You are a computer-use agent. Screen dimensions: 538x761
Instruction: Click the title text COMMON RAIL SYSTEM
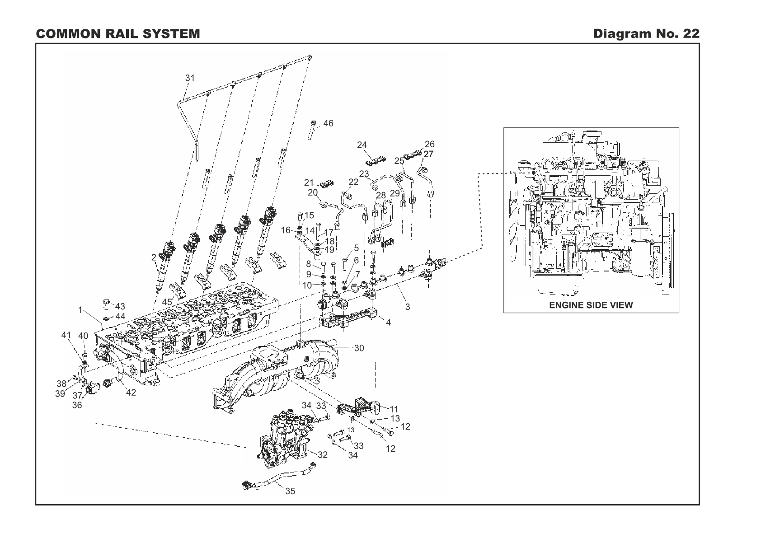pyautogui.click(x=117, y=34)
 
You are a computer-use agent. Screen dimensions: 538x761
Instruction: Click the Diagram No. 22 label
pyautogui.click(x=646, y=34)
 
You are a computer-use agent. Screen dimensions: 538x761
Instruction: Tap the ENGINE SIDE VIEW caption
pyautogui.click(x=591, y=305)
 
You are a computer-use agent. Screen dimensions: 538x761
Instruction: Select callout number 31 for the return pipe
pyautogui.click(x=190, y=78)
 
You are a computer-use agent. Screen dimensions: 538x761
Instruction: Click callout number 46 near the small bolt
pyautogui.click(x=329, y=123)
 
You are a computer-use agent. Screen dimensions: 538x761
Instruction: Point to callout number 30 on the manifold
pyautogui.click(x=359, y=348)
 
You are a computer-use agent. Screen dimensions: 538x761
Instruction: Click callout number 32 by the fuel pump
pyautogui.click(x=322, y=455)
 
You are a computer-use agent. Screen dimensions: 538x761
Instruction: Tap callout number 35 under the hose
pyautogui.click(x=290, y=491)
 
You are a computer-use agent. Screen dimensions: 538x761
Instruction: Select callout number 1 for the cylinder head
pyautogui.click(x=80, y=310)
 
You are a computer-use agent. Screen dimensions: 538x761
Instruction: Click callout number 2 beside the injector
pyautogui.click(x=154, y=257)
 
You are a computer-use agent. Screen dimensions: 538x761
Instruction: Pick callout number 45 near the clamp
pyautogui.click(x=167, y=302)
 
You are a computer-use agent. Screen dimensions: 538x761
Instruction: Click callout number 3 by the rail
pyautogui.click(x=408, y=307)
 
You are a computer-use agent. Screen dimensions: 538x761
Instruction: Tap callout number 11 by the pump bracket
pyautogui.click(x=394, y=409)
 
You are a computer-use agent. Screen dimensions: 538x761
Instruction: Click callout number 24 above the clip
pyautogui.click(x=362, y=145)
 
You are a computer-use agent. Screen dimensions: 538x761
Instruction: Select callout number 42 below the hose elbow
pyautogui.click(x=131, y=393)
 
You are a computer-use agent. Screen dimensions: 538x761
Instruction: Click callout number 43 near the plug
pyautogui.click(x=120, y=307)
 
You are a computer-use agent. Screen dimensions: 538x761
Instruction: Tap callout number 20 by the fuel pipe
pyautogui.click(x=313, y=193)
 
